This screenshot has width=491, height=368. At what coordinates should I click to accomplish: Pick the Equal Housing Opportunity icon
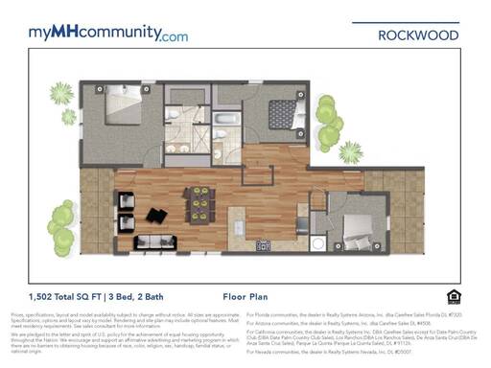point(454,296)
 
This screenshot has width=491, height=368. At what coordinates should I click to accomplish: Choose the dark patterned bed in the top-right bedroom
point(284,114)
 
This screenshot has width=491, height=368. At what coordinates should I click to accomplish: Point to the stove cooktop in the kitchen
point(262,245)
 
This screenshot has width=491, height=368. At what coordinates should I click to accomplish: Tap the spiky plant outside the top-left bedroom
point(61,94)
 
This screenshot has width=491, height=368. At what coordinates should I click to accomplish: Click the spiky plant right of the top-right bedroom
point(351,151)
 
